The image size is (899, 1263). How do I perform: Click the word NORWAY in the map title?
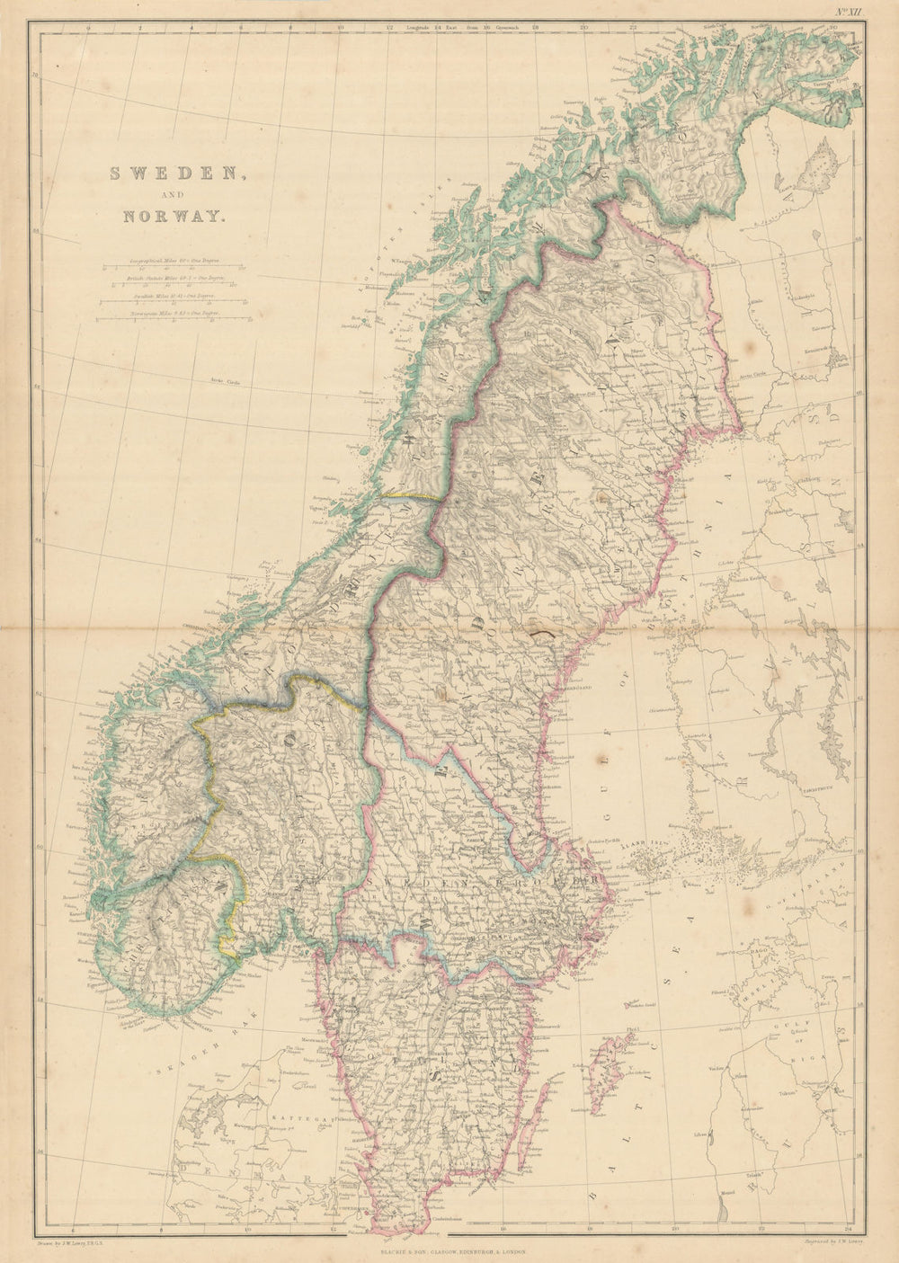point(168,216)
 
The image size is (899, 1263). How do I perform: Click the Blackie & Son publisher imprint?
point(449,1250)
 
